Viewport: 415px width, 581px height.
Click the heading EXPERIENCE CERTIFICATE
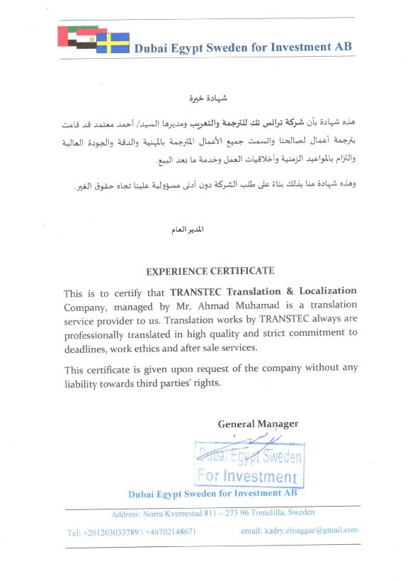210,271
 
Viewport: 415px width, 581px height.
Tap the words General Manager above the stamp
258,424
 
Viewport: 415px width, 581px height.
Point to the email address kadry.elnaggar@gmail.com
300,530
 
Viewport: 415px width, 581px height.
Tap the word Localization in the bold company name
325,292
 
